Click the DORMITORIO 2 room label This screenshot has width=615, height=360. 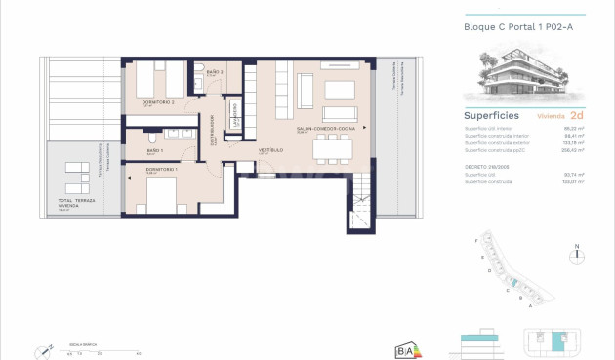point(159,102)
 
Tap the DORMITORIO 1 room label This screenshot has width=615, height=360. point(162,170)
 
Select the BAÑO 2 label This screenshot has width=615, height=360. point(216,72)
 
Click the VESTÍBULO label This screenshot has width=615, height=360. point(270,150)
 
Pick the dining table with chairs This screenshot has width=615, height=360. point(331,150)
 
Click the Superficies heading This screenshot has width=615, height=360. point(490,115)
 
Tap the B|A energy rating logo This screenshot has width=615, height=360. point(406,349)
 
